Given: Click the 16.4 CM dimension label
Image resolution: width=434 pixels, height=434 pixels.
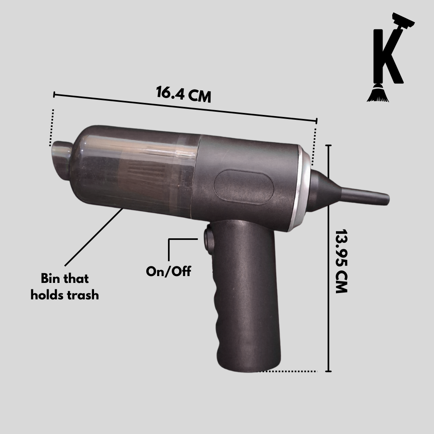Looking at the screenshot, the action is [184, 94].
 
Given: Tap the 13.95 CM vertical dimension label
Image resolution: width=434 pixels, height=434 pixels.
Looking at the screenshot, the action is [341, 261].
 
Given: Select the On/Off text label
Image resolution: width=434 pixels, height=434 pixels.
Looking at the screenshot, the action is [168, 271].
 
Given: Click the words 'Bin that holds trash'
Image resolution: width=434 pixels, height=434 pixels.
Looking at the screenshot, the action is [65, 287].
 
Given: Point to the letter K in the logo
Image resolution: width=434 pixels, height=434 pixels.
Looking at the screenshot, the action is [387, 55].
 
